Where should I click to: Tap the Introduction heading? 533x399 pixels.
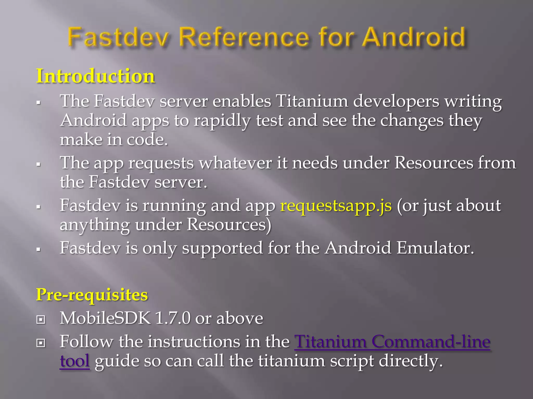coord(96,76)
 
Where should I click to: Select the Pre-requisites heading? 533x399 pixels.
coord(92,295)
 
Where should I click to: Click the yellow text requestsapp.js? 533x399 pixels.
coord(336,205)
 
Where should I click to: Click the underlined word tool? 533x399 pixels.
coord(75,361)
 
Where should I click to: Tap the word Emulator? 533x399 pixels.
coord(435,248)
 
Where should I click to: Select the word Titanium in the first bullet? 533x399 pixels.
coord(312,101)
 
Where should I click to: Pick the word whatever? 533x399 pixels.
coord(235,163)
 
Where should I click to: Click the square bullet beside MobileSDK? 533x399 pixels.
coord(41,319)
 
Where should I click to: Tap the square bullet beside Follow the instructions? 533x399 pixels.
coord(41,343)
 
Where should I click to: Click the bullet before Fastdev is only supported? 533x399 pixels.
coord(39,249)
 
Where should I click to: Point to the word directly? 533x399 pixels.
coord(410,361)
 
